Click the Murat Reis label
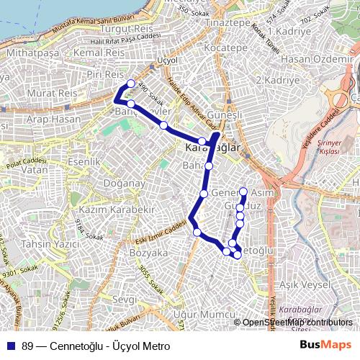30,96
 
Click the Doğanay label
99,185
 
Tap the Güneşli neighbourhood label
221,116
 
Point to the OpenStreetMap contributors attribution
297,323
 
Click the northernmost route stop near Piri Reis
131,84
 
